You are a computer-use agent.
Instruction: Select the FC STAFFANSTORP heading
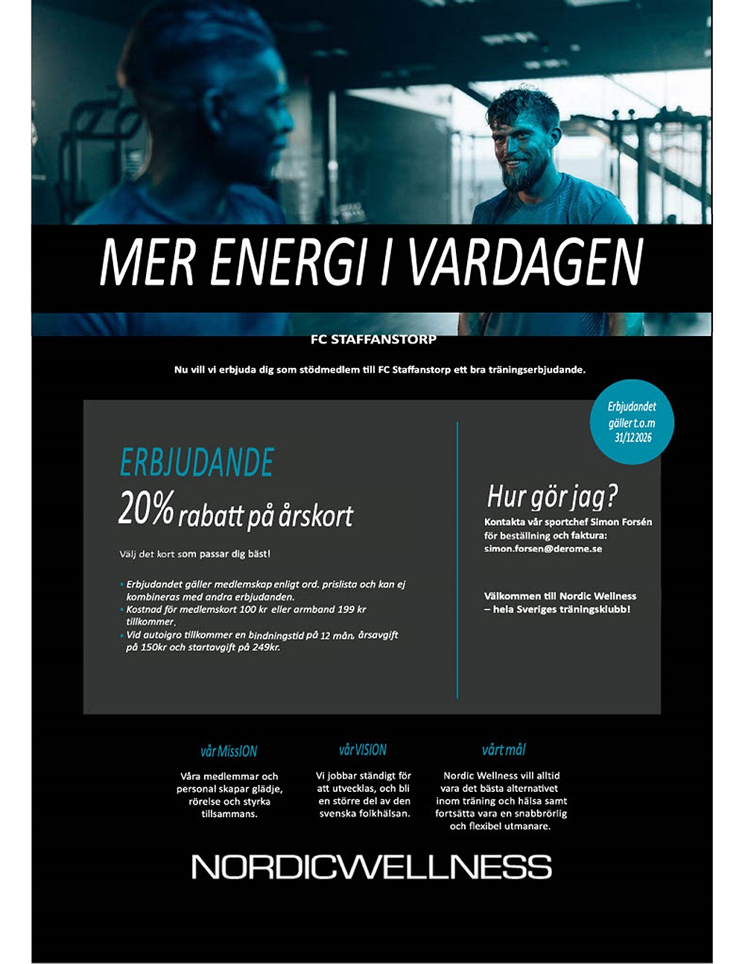[x=373, y=340]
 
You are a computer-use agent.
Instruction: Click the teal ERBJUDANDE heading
[x=197, y=463]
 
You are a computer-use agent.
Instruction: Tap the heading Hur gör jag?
[x=553, y=496]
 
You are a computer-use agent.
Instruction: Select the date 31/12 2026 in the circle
[x=633, y=438]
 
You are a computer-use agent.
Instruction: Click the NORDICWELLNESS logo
[x=372, y=866]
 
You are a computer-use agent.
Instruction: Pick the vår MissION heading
[x=229, y=751]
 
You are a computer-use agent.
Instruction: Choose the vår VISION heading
[x=363, y=750]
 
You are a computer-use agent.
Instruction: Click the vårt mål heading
[x=504, y=750]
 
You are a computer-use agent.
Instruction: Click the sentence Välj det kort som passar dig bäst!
[x=195, y=554]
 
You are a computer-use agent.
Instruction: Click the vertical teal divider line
[x=457, y=559]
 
